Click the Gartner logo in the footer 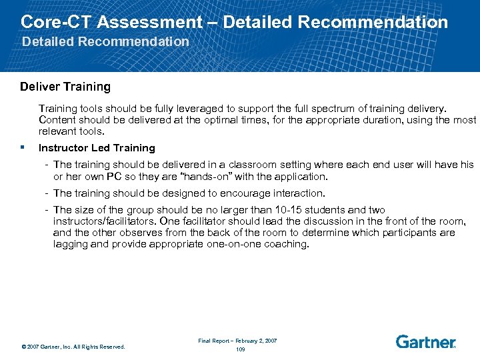pyautogui.click(x=425, y=342)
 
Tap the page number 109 pyautogui.click(x=240, y=349)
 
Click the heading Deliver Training pyautogui.click(x=65, y=87)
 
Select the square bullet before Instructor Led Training pyautogui.click(x=23, y=148)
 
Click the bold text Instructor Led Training pyautogui.click(x=97, y=148)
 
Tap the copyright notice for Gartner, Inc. pyautogui.click(x=73, y=347)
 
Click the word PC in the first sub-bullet pyautogui.click(x=125, y=177)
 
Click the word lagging pyautogui.click(x=72, y=244)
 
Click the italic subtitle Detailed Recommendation pyautogui.click(x=105, y=42)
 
